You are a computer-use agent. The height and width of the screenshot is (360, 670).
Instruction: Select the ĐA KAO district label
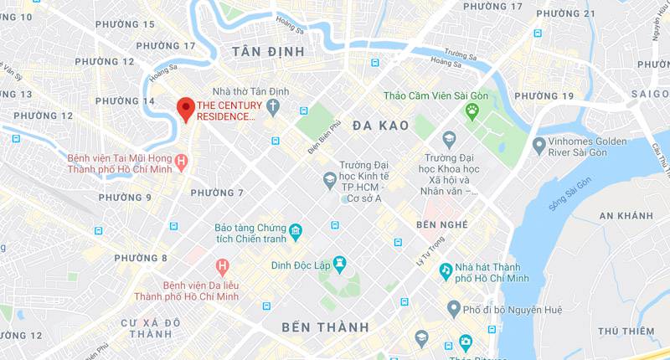click(x=380, y=126)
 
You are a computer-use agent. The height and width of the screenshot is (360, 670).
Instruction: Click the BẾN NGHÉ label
click(x=441, y=224)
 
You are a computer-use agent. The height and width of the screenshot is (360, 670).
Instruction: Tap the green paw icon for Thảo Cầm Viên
click(x=473, y=111)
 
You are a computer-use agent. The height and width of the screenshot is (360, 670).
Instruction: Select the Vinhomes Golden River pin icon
click(x=539, y=146)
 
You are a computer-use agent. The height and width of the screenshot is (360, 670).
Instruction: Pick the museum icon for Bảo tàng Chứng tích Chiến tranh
click(x=295, y=230)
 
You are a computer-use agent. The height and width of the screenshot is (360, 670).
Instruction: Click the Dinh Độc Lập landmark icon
click(x=339, y=264)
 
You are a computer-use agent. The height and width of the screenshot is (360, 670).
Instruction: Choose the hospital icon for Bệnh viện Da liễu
click(x=222, y=268)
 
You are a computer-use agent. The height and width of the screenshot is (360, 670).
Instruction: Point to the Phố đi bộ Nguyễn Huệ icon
click(x=454, y=310)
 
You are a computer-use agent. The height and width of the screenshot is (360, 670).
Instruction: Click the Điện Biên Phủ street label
click(x=325, y=138)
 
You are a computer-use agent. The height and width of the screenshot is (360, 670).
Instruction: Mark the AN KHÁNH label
click(x=626, y=216)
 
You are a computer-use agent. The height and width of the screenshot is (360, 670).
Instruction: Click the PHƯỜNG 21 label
click(x=565, y=13)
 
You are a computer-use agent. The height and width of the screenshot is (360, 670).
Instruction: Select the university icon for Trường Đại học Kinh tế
click(x=330, y=179)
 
